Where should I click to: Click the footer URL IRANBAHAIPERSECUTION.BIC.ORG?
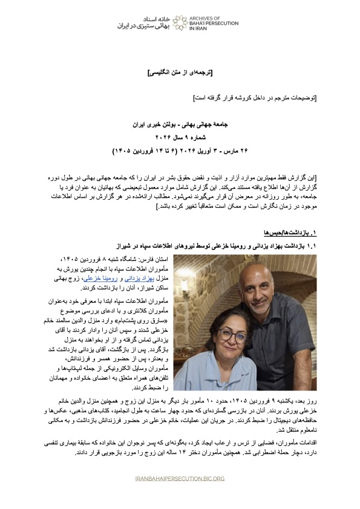pos(180,478)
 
